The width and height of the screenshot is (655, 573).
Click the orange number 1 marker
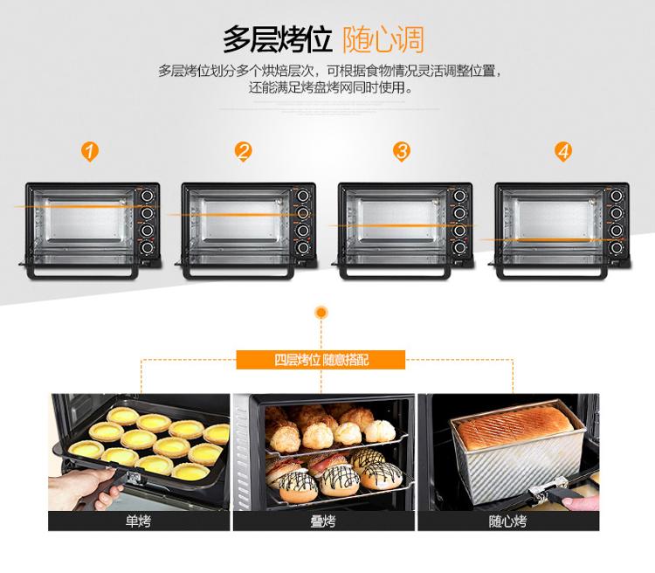[90, 151]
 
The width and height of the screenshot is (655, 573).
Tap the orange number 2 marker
[243, 151]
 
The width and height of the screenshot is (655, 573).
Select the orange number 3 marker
[402, 151]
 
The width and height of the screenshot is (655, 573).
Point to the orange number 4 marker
[563, 151]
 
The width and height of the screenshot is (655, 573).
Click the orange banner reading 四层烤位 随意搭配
[321, 360]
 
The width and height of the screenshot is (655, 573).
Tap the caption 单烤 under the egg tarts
[138, 521]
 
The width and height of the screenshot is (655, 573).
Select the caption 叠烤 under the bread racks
[323, 521]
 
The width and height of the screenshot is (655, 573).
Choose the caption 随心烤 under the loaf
[507, 521]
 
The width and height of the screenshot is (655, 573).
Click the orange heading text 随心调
[383, 39]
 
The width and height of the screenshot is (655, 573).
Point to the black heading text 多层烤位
[278, 39]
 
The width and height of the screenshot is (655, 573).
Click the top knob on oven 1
[147, 196]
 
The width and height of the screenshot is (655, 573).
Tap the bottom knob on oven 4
[617, 247]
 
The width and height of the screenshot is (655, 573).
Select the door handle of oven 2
[238, 273]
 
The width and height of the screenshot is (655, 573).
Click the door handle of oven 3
[395, 273]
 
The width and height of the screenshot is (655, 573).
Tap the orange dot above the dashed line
[321, 312]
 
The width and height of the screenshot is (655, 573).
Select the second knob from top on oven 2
[303, 213]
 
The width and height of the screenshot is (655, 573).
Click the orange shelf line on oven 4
[551, 240]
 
